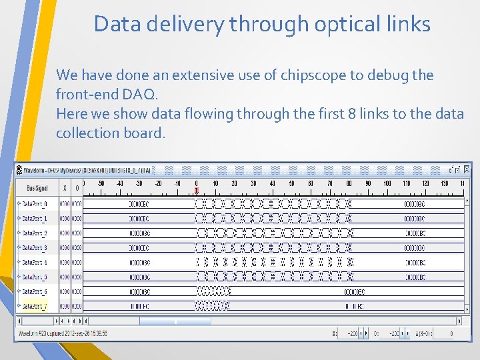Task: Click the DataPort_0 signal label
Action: coord(35,203)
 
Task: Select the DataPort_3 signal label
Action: coord(35,247)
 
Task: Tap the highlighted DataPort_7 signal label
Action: coord(35,306)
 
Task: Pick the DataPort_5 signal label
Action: coord(35,277)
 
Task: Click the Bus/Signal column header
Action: coord(35,189)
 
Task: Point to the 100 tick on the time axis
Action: coord(387,183)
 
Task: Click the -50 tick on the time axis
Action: coord(101,183)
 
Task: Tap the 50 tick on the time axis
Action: coord(291,183)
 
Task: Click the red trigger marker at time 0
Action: coord(196,191)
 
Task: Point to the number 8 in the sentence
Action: coord(351,114)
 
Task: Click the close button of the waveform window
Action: coord(467,170)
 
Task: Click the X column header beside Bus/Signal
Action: coord(65,189)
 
